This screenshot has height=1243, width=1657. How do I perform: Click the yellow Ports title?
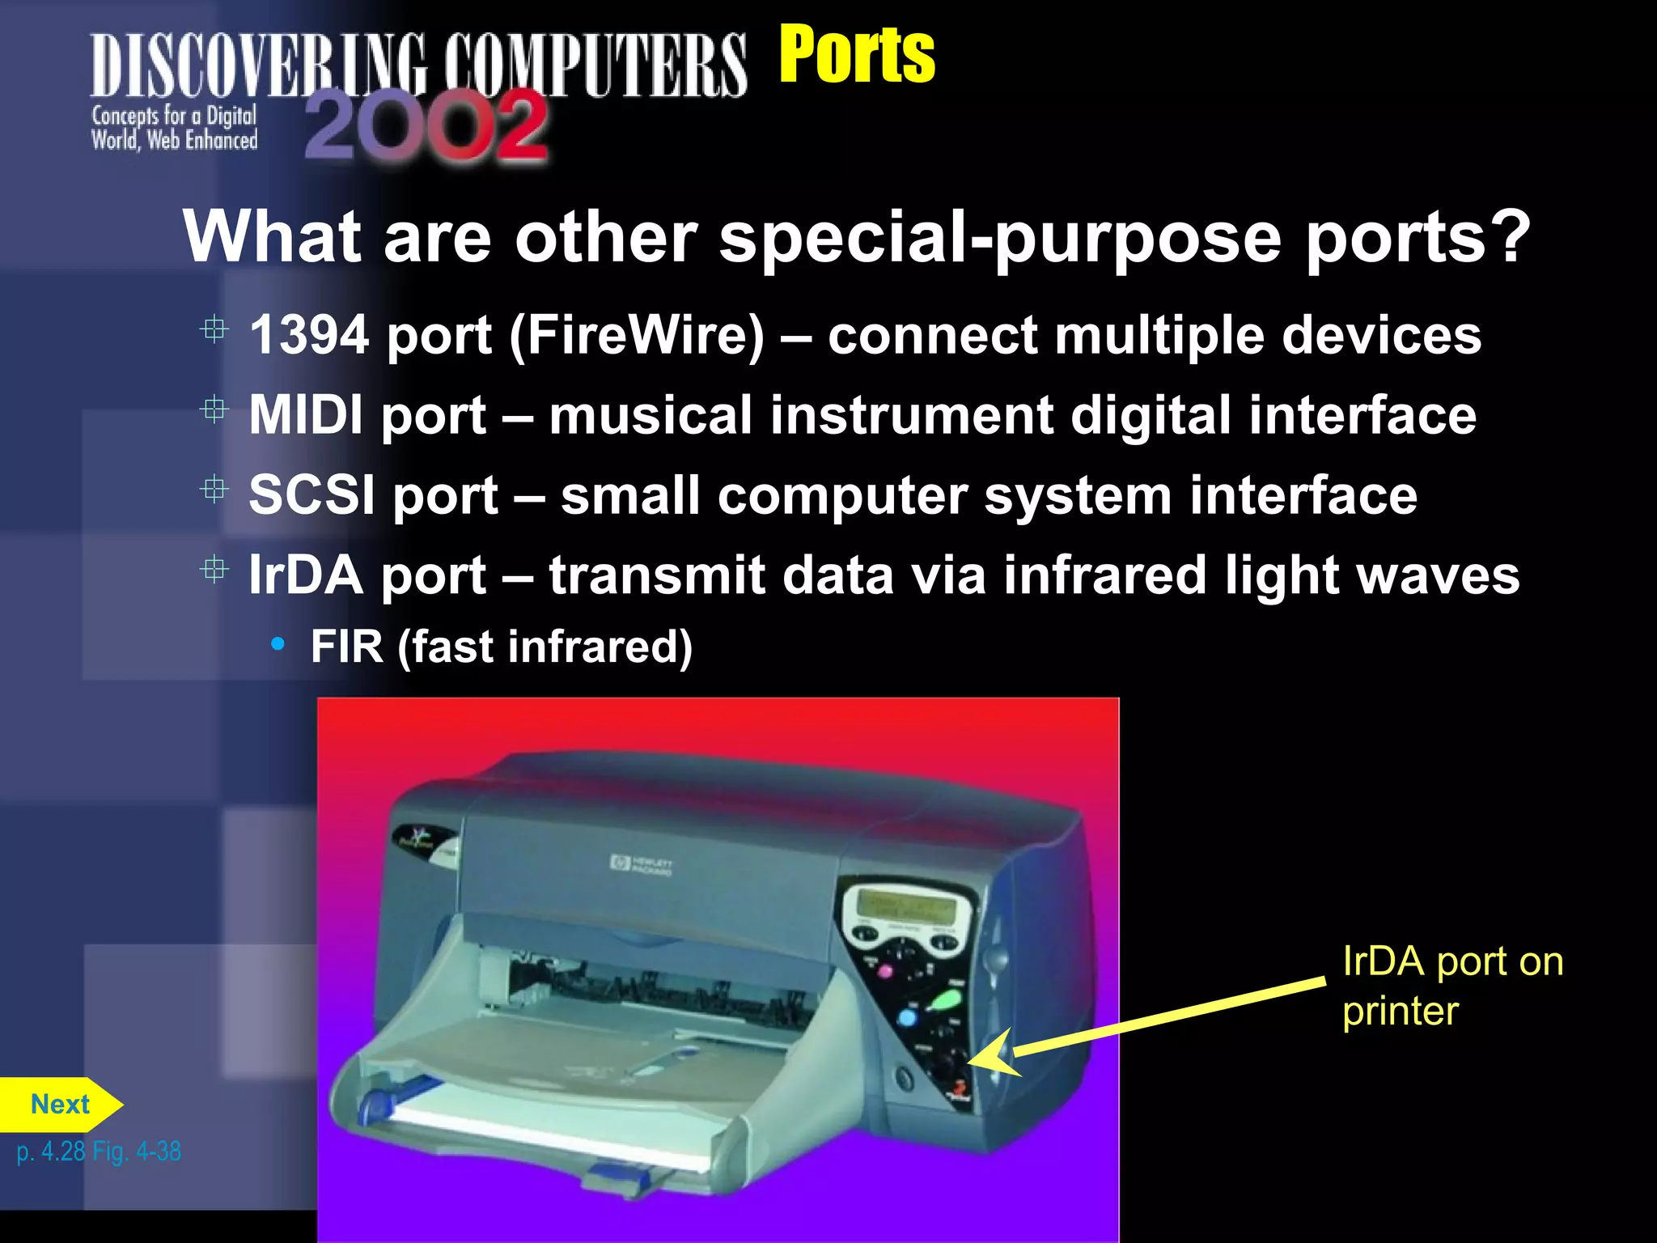tap(856, 54)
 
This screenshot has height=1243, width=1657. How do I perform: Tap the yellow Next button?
tap(60, 1105)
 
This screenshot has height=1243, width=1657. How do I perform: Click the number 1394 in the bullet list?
tap(309, 335)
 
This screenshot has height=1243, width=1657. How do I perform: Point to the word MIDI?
tap(306, 415)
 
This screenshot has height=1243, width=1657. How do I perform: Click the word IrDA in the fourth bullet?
tap(305, 575)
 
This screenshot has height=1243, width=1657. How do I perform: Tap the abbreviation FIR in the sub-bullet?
tap(346, 647)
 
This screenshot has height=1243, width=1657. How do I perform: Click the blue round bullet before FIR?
tap(278, 645)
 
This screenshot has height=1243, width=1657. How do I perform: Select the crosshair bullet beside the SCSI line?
tap(214, 490)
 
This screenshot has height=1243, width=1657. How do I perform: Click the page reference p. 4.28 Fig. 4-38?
tap(99, 1151)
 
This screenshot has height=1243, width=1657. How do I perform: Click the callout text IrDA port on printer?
tap(1451, 986)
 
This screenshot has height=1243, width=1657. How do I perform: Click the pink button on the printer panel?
tap(884, 970)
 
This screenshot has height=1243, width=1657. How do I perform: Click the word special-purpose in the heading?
tap(1000, 237)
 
